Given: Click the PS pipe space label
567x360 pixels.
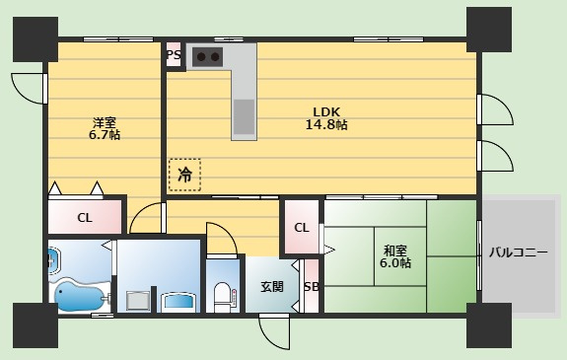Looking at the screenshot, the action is pos(174,55).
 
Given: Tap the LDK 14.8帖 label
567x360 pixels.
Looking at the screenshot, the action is pos(326,118).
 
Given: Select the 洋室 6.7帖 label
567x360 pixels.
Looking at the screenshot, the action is pos(105,128).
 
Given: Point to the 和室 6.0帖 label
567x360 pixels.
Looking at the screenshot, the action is pos(395,256).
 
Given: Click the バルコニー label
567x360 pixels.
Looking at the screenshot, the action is pos(518,252).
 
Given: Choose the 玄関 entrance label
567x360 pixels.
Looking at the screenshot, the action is pos(272,287).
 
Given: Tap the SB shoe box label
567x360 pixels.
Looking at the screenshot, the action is pos(312,287).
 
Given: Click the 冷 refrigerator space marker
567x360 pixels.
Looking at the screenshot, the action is pos(184,175).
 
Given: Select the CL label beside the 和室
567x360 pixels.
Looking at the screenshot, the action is pos(302,228).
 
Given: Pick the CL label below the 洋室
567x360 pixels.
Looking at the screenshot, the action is pos(85,217).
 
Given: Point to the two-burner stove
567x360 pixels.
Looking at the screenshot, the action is pos(207,57).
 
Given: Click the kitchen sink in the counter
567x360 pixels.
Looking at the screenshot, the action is pos(244,116).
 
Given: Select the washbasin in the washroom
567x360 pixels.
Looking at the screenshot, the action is pos(179,302).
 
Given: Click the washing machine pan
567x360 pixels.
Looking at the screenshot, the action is pos(138,300).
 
